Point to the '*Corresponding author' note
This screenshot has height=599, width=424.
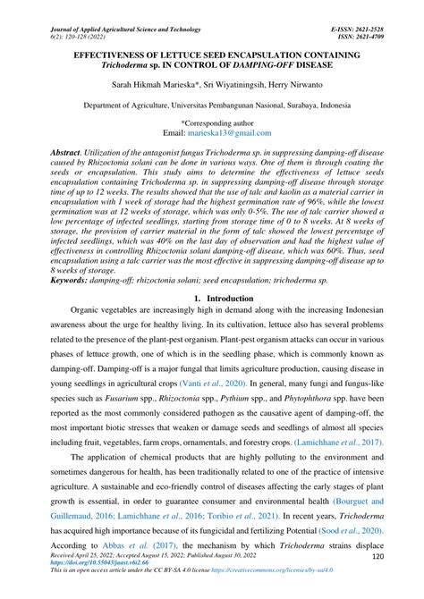tap(212, 121)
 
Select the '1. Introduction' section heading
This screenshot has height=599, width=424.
tap(212, 297)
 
